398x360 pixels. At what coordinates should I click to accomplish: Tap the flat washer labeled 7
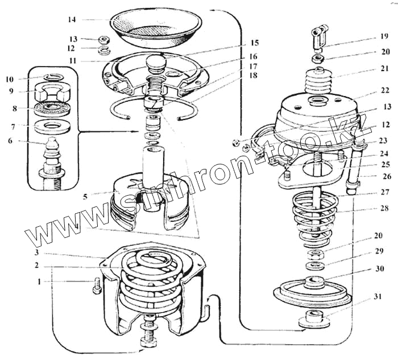[51, 125]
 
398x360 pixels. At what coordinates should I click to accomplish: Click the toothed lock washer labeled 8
[51, 107]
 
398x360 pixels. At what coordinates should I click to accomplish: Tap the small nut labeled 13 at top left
[104, 40]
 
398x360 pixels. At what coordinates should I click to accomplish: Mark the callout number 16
[252, 57]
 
